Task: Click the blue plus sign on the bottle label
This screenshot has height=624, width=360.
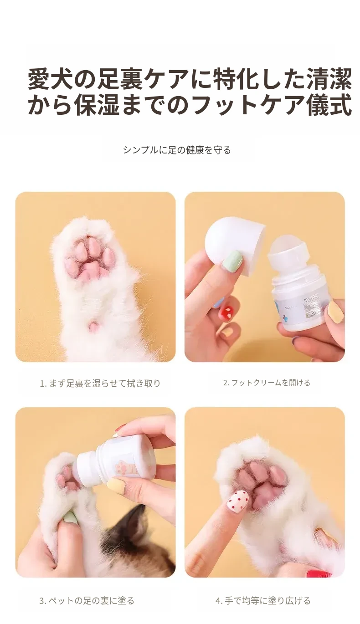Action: [285, 318]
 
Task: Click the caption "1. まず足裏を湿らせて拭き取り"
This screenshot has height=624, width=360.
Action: [100, 384]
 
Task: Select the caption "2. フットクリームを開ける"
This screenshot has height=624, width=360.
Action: [267, 383]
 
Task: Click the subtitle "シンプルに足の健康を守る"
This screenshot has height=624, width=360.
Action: [177, 150]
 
